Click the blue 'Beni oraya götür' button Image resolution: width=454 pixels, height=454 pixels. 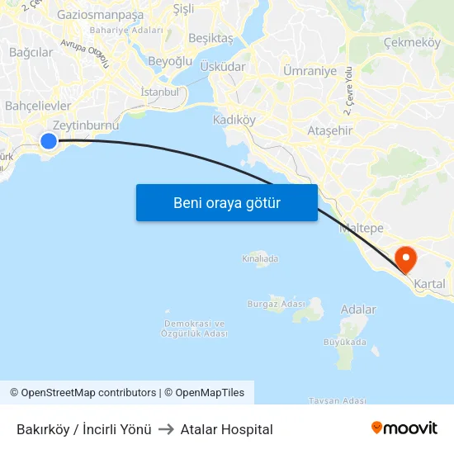pyautogui.click(x=227, y=202)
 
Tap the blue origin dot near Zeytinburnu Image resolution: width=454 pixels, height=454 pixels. pyautogui.click(x=49, y=141)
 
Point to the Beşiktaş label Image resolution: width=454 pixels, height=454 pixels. pyautogui.click(x=211, y=38)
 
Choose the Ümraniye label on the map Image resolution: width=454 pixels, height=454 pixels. pyautogui.click(x=310, y=71)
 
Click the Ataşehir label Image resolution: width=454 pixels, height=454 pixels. pyautogui.click(x=329, y=130)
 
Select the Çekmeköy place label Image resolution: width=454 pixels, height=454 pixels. pyautogui.click(x=412, y=42)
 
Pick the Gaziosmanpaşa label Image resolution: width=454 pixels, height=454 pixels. pyautogui.click(x=100, y=15)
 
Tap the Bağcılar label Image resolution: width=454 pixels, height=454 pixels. pyautogui.click(x=31, y=52)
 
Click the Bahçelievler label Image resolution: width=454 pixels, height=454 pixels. pyautogui.click(x=38, y=106)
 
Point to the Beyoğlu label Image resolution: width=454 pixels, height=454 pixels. pyautogui.click(x=170, y=61)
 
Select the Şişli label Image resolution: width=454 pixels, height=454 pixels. pyautogui.click(x=183, y=9)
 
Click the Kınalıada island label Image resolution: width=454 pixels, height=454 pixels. pyautogui.click(x=260, y=258)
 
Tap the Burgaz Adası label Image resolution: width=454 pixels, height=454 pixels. pyautogui.click(x=276, y=304)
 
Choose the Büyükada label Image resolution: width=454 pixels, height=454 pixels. pyautogui.click(x=345, y=342)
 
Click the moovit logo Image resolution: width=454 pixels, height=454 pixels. pyautogui.click(x=404, y=428)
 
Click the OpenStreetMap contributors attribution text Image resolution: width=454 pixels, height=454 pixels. pyautogui.click(x=88, y=393)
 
